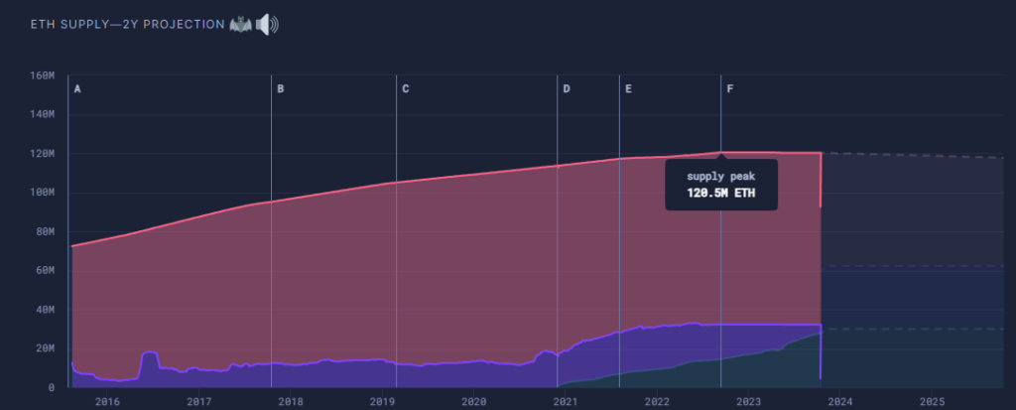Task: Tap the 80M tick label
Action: [x=44, y=231]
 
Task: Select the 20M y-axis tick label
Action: [x=44, y=348]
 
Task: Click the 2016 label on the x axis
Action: [x=107, y=402]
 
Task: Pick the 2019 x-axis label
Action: [x=382, y=402]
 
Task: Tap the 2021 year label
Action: [x=566, y=402]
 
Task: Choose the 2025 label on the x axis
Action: [x=932, y=402]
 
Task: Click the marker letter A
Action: [x=77, y=89]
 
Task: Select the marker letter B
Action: [x=281, y=89]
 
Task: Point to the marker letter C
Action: [x=406, y=89]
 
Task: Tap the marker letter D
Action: [x=567, y=89]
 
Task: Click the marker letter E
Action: [x=628, y=89]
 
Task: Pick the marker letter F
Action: [x=730, y=89]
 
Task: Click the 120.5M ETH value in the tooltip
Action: [x=720, y=193]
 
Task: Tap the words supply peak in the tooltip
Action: [x=720, y=177]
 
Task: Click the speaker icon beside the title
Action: [x=267, y=24]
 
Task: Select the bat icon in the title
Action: [x=240, y=24]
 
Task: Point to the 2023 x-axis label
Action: [x=748, y=402]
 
